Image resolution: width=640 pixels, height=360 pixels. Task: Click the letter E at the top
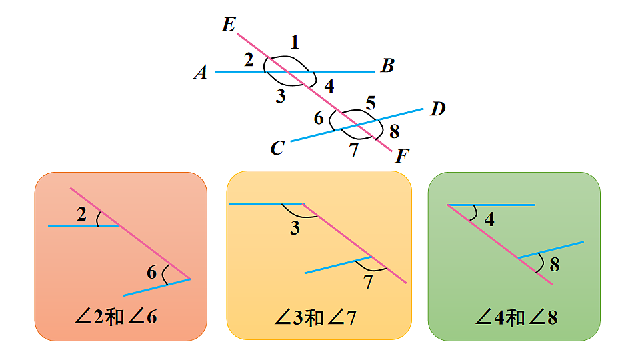229,25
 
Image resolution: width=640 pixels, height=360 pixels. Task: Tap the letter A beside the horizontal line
201,73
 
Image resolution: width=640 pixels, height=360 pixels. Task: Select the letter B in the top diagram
387,66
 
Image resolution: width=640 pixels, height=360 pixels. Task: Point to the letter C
277,148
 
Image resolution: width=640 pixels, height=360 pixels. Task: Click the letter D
438,109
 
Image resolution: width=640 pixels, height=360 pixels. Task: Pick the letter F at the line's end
402,156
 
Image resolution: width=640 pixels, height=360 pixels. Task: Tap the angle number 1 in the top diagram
295,42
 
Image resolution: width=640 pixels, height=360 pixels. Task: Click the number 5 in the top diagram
371,103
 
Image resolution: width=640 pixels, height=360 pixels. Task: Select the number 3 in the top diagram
281,96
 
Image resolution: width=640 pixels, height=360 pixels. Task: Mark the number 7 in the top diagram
354,150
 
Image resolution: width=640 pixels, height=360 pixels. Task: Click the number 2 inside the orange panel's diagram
81,214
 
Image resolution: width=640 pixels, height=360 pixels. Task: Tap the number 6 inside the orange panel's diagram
152,272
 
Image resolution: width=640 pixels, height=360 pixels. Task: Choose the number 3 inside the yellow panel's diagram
295,228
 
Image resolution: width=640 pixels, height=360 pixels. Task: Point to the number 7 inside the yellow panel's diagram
369,281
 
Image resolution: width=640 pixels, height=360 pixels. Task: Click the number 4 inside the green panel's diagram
489,219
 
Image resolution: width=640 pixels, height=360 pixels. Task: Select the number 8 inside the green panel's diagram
555,265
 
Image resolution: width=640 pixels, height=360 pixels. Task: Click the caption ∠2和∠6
116,317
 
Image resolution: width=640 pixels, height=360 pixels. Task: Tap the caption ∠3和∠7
315,317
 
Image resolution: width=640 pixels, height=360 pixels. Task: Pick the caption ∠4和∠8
516,317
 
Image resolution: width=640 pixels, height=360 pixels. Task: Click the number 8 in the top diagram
394,131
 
